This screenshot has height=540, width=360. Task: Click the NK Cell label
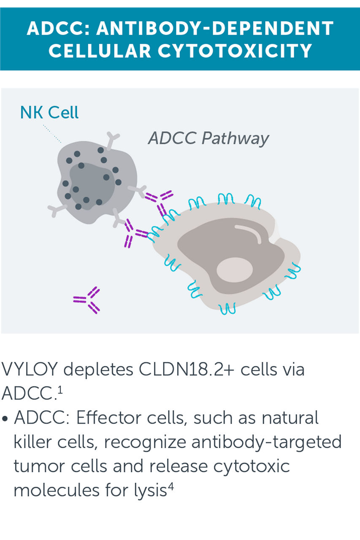(49, 113)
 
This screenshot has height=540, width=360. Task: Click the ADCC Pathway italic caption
(208, 138)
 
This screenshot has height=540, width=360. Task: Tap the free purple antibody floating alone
(87, 300)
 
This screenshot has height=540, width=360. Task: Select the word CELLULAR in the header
(100, 51)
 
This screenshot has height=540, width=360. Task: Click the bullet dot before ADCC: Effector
(5, 419)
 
